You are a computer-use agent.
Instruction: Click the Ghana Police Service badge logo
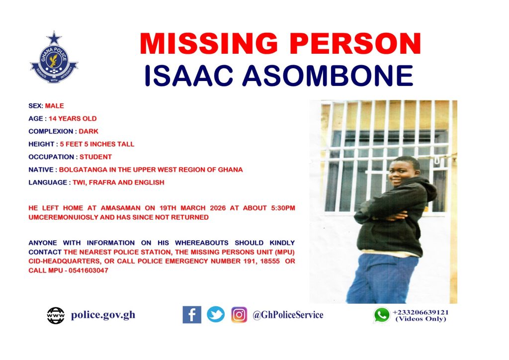click(x=54, y=58)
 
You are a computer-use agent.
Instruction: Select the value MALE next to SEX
click(x=54, y=106)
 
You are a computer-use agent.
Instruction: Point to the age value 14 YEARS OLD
click(x=73, y=118)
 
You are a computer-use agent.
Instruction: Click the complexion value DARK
click(x=88, y=131)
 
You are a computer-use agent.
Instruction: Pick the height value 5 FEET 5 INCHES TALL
click(x=97, y=144)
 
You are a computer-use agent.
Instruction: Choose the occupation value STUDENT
click(x=96, y=157)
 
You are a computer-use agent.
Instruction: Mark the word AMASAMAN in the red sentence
click(x=120, y=208)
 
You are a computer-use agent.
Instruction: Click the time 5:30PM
click(x=283, y=208)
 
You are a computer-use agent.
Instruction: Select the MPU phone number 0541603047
click(x=88, y=270)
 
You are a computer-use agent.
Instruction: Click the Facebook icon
click(x=192, y=315)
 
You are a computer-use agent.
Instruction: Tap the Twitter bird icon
click(x=216, y=315)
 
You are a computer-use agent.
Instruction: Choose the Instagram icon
click(x=239, y=315)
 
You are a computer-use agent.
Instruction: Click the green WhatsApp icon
click(x=382, y=315)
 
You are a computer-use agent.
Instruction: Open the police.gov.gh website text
click(x=103, y=315)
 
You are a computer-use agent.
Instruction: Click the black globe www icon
click(x=56, y=316)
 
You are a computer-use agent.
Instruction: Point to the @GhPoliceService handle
click(x=288, y=315)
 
